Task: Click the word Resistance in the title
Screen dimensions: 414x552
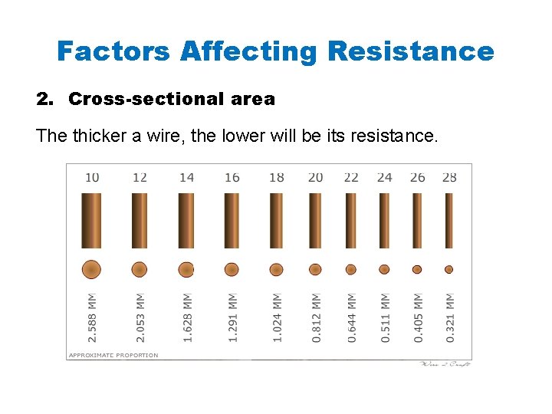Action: click(x=411, y=51)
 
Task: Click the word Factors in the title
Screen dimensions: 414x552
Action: click(x=114, y=51)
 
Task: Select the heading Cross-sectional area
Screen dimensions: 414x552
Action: click(x=171, y=99)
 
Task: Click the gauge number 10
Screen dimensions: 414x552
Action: click(x=92, y=177)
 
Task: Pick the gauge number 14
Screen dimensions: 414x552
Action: click(x=186, y=177)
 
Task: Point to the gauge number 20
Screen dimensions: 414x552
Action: click(x=315, y=177)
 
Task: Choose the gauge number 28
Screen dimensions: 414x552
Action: click(x=449, y=177)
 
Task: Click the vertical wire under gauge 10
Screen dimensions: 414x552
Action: click(x=92, y=221)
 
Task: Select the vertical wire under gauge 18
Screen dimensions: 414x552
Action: click(x=277, y=221)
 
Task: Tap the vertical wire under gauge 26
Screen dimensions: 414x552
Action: click(x=417, y=221)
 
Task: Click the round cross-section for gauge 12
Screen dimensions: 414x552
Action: click(x=140, y=269)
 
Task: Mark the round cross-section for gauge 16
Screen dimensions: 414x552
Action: click(x=232, y=269)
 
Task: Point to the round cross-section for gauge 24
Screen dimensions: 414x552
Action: click(x=384, y=269)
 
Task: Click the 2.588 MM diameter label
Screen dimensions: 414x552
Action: click(x=92, y=317)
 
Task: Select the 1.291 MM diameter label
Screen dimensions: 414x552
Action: click(x=232, y=317)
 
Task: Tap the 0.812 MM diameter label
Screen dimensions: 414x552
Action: click(x=316, y=317)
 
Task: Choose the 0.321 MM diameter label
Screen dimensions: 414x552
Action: click(x=450, y=317)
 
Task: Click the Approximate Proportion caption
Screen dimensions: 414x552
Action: click(x=113, y=355)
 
